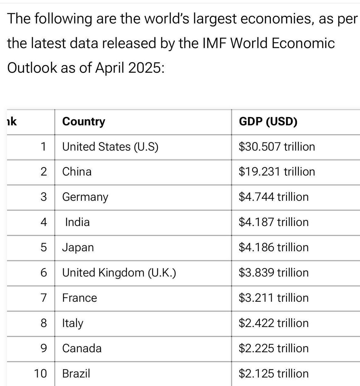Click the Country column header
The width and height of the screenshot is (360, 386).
coord(84,122)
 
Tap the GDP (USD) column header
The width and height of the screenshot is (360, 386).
coord(268,122)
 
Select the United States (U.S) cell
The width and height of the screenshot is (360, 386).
coord(110,147)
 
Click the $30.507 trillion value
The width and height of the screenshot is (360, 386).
coord(277,147)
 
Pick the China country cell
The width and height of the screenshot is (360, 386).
coord(77,171)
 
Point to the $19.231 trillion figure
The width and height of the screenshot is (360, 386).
coord(277,171)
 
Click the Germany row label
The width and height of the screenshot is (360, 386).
coord(85,197)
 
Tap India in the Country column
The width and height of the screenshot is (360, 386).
coord(77,222)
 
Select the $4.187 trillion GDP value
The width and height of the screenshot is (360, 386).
coord(273,222)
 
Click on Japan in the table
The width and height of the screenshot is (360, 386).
coord(78,247)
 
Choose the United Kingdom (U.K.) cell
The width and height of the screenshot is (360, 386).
coord(119,272)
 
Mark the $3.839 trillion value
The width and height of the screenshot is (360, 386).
coord(273,272)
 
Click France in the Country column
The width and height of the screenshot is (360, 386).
coord(79,298)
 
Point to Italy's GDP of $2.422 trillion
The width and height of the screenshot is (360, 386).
coord(273,323)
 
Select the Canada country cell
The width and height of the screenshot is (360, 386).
coord(82,348)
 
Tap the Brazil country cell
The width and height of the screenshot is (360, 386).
coord(76,373)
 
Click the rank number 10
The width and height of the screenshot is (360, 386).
coord(40,373)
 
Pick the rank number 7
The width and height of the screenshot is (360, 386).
coord(44,298)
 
